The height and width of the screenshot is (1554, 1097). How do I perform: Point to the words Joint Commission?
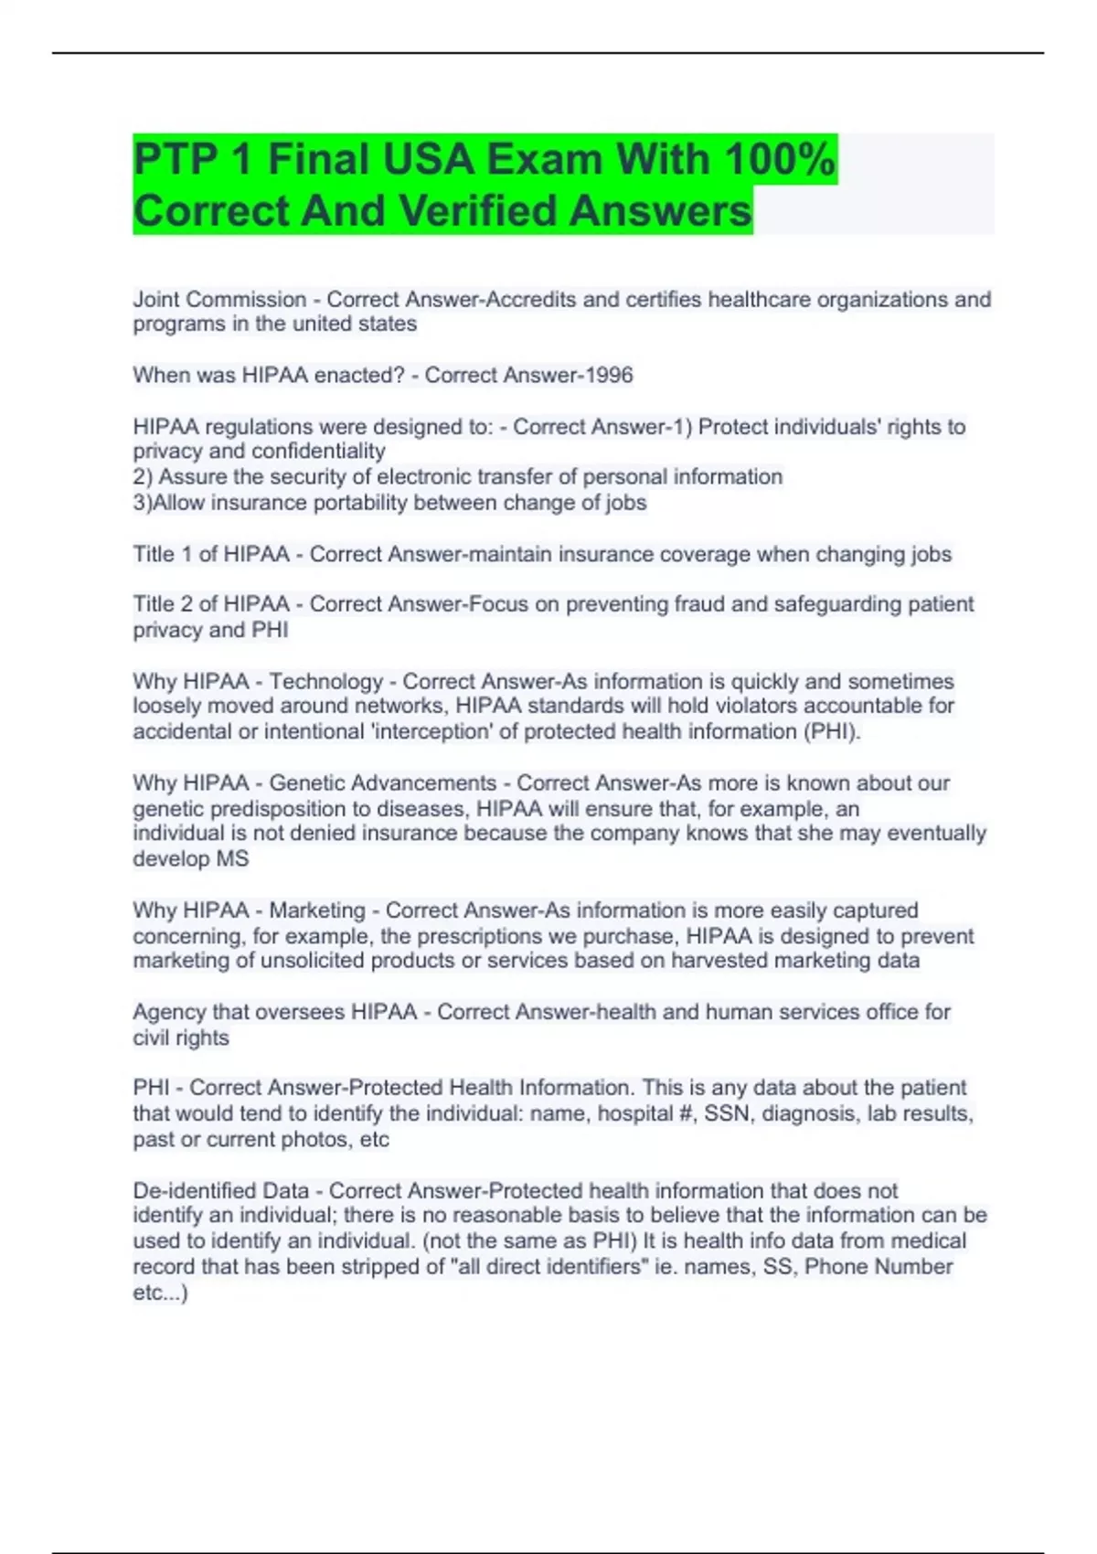(x=219, y=300)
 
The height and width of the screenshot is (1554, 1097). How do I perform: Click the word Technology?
(x=325, y=682)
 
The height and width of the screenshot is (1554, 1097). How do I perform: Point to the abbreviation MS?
(x=232, y=859)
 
